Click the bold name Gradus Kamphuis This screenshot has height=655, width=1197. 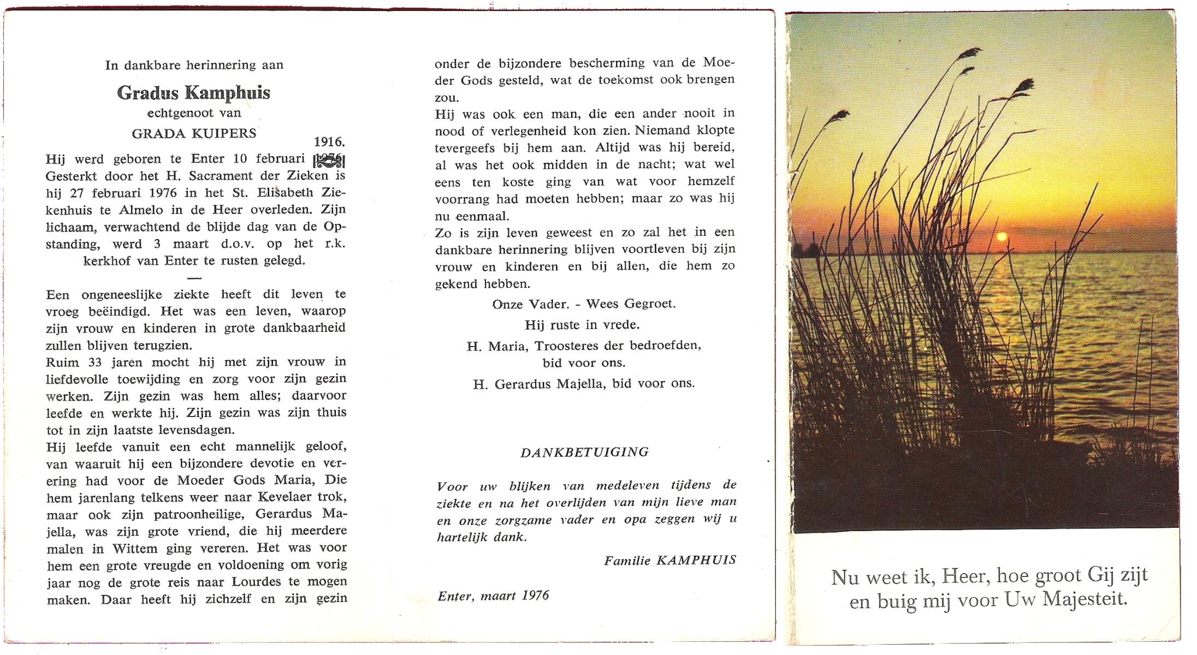[193, 93]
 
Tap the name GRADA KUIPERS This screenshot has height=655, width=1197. [194, 134]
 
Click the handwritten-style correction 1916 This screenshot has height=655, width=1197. [329, 142]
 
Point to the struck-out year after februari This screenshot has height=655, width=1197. [329, 160]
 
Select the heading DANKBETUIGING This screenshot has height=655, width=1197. [584, 452]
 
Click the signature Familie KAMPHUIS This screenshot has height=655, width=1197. [670, 560]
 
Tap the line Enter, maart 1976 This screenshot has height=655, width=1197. [493, 596]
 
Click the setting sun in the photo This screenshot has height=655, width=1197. [1002, 236]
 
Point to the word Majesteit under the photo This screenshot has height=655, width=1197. [1085, 599]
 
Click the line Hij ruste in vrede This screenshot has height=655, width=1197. [582, 325]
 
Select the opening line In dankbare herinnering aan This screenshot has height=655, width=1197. [194, 65]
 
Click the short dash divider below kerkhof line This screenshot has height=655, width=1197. [194, 278]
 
